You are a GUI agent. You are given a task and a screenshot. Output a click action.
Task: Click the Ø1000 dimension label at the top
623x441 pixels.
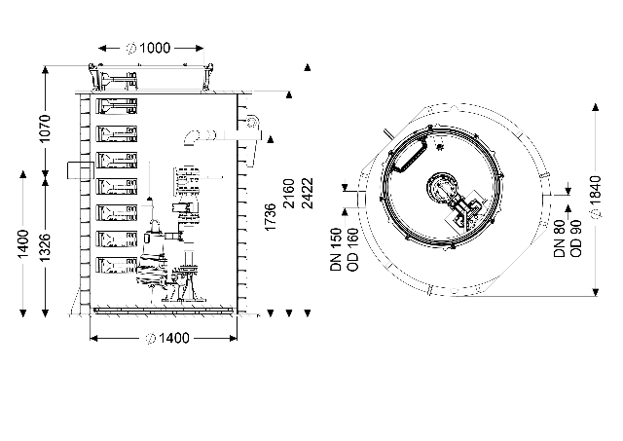[149, 48]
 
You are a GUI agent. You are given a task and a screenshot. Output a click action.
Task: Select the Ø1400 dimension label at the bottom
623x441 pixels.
[167, 338]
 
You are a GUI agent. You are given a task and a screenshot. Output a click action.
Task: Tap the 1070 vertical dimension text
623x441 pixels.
[45, 129]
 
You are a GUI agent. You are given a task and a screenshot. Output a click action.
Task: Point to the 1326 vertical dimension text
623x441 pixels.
[45, 247]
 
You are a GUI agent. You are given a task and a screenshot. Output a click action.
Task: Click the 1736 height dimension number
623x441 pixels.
[271, 217]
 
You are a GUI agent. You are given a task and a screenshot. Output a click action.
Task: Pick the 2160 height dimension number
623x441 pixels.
[289, 194]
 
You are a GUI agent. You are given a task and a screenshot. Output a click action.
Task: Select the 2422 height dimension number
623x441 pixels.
[308, 194]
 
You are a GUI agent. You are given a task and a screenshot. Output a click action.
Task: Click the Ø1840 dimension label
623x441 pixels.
[595, 197]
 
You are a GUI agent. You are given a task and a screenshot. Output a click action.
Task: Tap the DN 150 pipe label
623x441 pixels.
[336, 249]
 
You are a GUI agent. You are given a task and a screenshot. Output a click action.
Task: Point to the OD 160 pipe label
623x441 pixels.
[352, 249]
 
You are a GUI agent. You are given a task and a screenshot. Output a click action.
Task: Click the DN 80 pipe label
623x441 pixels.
[560, 239]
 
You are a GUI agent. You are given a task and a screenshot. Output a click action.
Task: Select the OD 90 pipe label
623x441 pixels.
[575, 239]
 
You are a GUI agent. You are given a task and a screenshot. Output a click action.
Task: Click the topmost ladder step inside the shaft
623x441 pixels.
[117, 106]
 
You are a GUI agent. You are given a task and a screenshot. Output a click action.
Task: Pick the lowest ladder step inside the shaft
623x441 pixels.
[117, 265]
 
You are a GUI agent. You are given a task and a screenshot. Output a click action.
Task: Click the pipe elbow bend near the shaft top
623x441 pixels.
[192, 137]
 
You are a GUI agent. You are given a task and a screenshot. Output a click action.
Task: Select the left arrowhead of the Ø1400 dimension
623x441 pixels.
[94, 339]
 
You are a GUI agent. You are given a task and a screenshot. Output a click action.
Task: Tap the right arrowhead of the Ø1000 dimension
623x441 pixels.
[200, 48]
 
